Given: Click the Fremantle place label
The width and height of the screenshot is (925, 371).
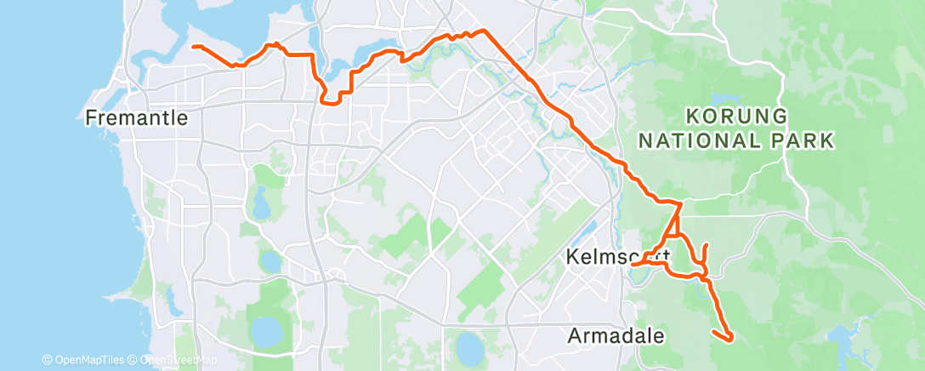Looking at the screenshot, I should pos(136,118).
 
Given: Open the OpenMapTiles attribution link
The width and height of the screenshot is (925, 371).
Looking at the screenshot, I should pos(83,361).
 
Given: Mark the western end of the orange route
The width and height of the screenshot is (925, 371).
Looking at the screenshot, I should pos(192,46).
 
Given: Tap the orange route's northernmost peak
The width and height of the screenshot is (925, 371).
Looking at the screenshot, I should pos(484,31).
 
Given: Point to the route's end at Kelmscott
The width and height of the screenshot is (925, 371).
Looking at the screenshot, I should pos(633,264).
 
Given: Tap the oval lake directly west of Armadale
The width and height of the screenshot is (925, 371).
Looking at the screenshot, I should pos(468,345).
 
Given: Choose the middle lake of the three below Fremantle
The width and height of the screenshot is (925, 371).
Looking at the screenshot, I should pos(270,259).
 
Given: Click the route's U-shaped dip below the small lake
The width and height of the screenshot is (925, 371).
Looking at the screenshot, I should pos(332,100).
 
